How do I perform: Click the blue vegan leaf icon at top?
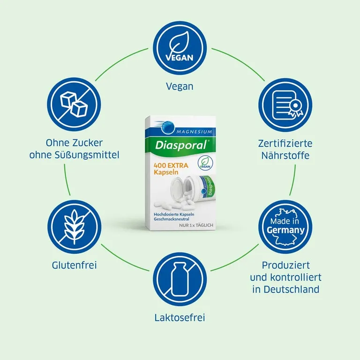point(180,50)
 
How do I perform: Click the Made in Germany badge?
point(285,227)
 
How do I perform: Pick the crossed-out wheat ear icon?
point(75,227)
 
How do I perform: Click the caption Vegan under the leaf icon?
point(180,86)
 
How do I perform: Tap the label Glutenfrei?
point(75,265)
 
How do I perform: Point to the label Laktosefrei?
point(180,318)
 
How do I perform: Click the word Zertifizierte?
point(285,143)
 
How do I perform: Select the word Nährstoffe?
point(285,155)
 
